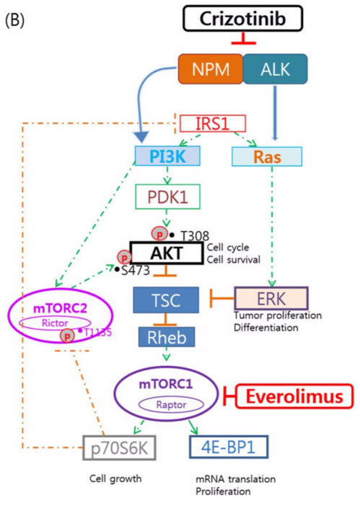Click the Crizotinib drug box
[x=243, y=18]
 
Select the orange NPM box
[x=211, y=69]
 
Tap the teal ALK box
[x=275, y=69]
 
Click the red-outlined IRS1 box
[x=213, y=123]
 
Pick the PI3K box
[x=167, y=156]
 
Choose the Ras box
[x=267, y=157]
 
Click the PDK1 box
[x=167, y=196]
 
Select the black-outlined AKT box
[x=167, y=253]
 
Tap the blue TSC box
[x=166, y=300]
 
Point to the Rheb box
[x=167, y=337]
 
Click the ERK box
[x=271, y=298]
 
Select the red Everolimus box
[x=294, y=396]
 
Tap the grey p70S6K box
[x=119, y=448]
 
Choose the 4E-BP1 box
[x=229, y=447]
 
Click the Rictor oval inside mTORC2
[x=55, y=323]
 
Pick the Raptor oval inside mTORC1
[x=171, y=405]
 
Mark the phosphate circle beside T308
[x=159, y=234]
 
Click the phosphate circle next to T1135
[x=67, y=336]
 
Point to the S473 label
[x=136, y=271]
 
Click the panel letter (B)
[x=15, y=20]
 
